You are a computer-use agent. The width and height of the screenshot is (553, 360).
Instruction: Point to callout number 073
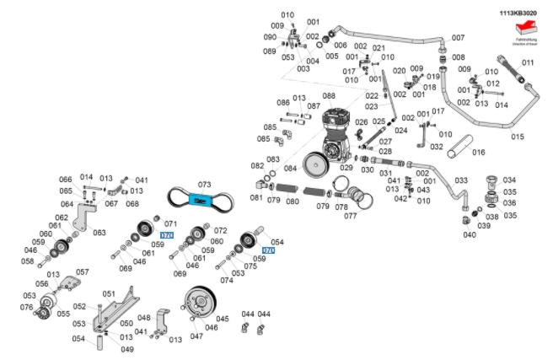(203, 184)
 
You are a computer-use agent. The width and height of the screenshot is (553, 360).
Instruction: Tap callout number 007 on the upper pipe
(458, 38)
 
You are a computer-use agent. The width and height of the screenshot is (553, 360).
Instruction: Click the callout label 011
(528, 63)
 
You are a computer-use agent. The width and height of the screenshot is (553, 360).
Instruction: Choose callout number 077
(350, 216)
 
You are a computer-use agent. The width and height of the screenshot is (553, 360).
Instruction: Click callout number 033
(460, 180)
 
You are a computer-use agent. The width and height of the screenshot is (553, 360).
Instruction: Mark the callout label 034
(509, 180)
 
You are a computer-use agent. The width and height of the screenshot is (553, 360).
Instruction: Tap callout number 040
(470, 234)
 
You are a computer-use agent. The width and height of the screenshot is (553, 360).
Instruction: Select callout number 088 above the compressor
(328, 96)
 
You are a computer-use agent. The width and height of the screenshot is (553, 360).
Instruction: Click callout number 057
(83, 272)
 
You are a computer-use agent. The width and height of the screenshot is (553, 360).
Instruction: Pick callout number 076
(26, 308)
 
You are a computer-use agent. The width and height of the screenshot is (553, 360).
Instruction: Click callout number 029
(346, 168)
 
